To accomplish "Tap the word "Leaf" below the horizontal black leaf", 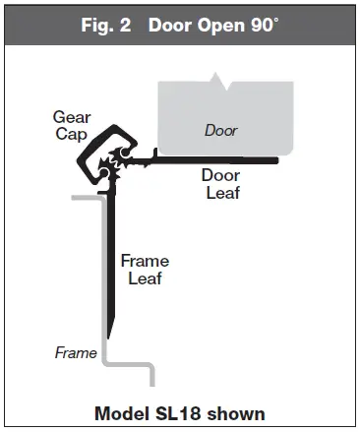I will pyautogui.click(x=221, y=193).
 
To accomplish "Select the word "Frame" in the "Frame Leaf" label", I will pyautogui.click(x=145, y=261).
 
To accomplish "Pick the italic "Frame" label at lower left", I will pyautogui.click(x=76, y=351).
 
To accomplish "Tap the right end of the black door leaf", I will pyautogui.click(x=277, y=158).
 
